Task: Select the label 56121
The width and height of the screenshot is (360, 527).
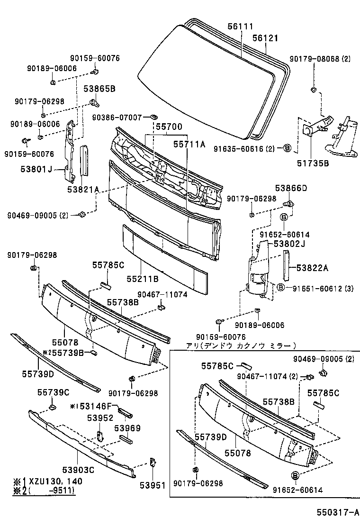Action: (x=265, y=38)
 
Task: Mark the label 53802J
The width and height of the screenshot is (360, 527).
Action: (x=289, y=244)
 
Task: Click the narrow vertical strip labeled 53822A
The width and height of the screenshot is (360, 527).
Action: (x=287, y=266)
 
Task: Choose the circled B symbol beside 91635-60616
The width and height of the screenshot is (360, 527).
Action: (x=287, y=148)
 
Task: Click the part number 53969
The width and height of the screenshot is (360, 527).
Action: (x=127, y=428)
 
